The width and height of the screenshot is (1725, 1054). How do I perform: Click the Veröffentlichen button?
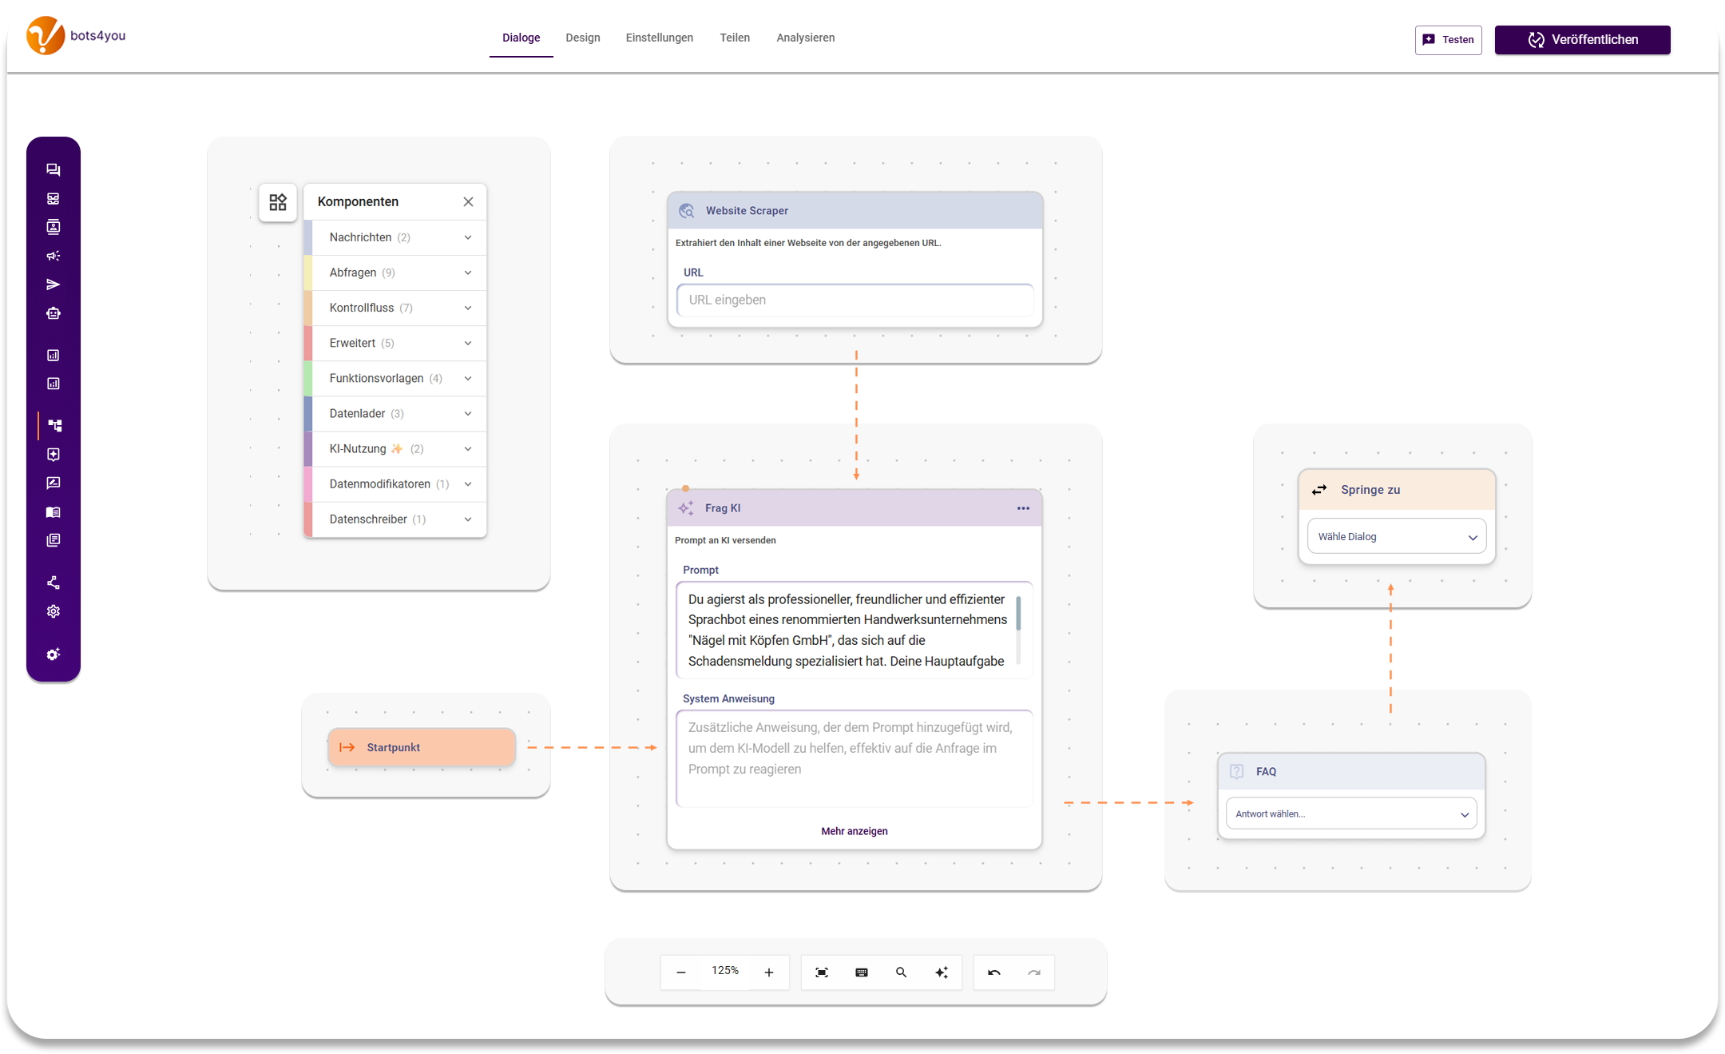click(1582, 40)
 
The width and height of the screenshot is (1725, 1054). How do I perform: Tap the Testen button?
click(1448, 40)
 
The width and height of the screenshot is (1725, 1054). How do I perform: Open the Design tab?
click(583, 38)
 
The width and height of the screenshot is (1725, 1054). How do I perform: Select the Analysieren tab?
click(805, 38)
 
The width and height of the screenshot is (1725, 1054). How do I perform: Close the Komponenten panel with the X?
click(468, 201)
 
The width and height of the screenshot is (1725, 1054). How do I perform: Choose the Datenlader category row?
click(395, 413)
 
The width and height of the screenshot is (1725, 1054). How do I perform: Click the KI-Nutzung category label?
click(358, 448)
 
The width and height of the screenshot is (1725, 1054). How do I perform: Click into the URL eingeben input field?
click(855, 300)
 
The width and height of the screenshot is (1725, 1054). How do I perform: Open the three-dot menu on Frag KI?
click(1023, 508)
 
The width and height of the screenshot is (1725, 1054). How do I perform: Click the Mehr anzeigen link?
click(855, 831)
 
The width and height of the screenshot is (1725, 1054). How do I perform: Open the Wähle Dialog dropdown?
click(1396, 537)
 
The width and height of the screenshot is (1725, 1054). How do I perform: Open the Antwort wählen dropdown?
click(1351, 814)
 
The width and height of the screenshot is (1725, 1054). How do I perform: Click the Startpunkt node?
click(421, 747)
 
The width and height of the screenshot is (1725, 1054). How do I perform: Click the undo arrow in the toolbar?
click(994, 972)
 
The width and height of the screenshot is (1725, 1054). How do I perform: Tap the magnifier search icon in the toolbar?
click(901, 972)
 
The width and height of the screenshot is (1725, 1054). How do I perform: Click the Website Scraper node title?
click(747, 211)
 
